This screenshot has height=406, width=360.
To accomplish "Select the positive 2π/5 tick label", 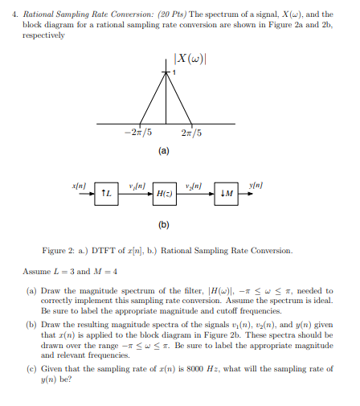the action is tap(192, 133).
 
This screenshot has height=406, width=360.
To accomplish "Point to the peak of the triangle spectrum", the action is tap(166, 73).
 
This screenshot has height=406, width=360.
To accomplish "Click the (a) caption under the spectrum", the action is tap(164, 150).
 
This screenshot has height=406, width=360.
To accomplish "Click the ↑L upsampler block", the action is tap(106, 193).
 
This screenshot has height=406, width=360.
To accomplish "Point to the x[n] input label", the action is tap(79, 184).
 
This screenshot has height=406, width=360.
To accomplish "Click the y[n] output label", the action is tap(256, 184).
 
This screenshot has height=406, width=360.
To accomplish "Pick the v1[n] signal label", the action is tap(134, 185).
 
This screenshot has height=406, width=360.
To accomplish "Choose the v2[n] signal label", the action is tap(194, 185).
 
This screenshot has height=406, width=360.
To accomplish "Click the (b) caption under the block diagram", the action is tap(164, 226).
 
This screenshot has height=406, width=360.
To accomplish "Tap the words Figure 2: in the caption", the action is tap(59, 251).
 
